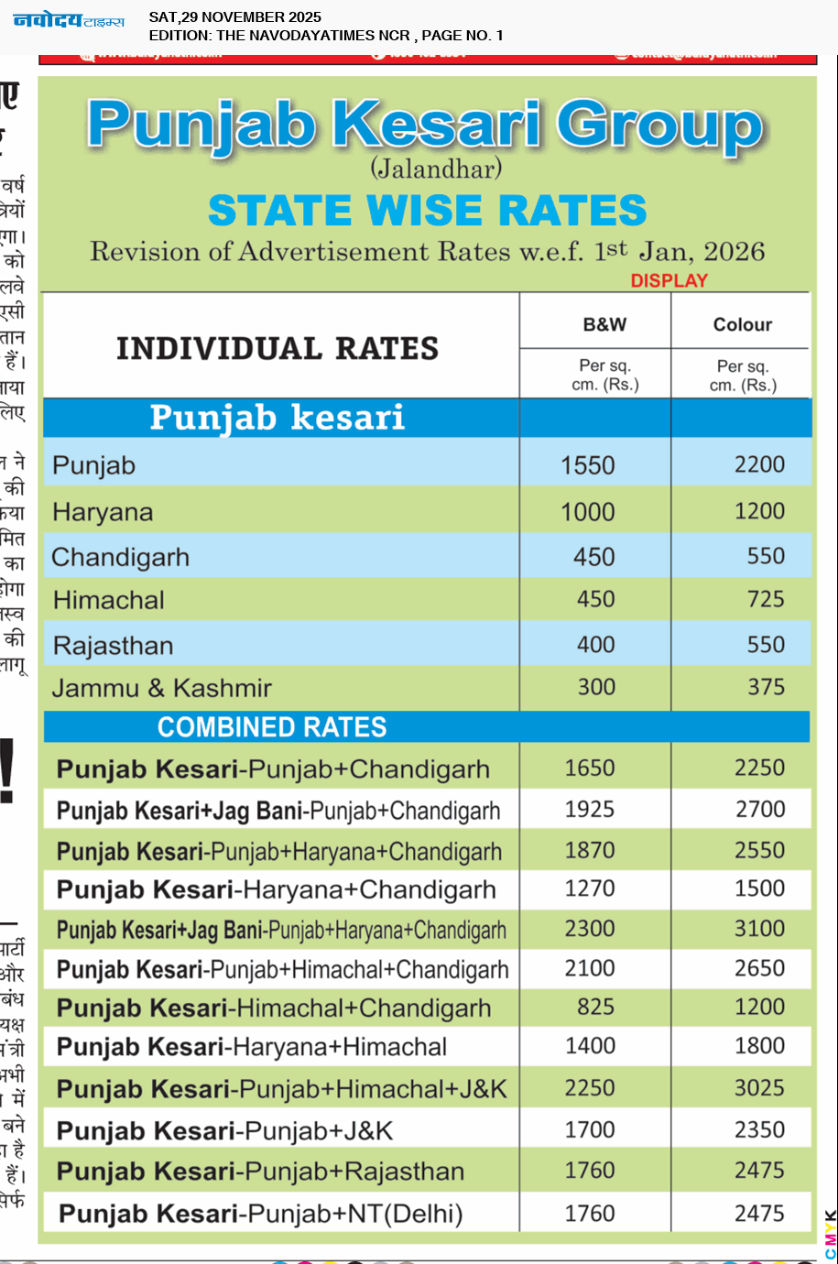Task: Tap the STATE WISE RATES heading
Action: click(427, 211)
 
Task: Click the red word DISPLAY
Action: click(669, 281)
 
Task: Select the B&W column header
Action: click(604, 324)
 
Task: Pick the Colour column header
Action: click(742, 324)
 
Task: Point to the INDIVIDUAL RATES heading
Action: click(278, 349)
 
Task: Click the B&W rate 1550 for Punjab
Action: click(588, 465)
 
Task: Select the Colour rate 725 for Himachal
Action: click(766, 600)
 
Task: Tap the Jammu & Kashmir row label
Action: click(162, 689)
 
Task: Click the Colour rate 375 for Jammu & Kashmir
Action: click(766, 687)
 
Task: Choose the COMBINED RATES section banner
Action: click(272, 727)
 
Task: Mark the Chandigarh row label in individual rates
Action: click(121, 558)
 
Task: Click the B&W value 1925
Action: click(590, 810)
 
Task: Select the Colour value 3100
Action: click(759, 929)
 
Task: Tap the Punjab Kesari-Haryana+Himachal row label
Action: click(252, 1047)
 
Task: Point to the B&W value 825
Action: click(595, 1008)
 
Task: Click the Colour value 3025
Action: click(759, 1088)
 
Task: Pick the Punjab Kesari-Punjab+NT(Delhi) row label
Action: click(261, 1215)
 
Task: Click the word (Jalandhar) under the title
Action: click(436, 169)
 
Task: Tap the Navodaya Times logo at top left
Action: click(69, 20)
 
